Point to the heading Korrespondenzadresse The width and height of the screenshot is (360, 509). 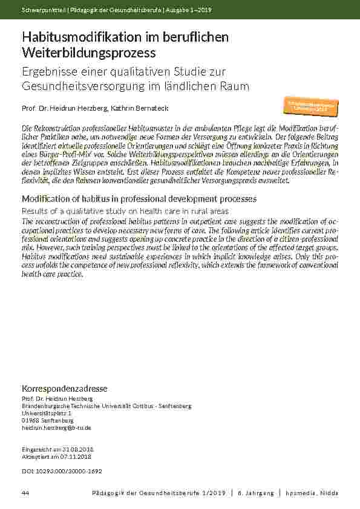(65, 387)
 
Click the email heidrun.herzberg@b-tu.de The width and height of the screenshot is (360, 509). (56, 427)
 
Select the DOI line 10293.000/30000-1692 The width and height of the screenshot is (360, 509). (61, 470)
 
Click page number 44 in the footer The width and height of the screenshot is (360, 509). (25, 493)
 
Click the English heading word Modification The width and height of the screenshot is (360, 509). (47, 199)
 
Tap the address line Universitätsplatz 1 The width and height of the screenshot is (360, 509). (46, 413)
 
